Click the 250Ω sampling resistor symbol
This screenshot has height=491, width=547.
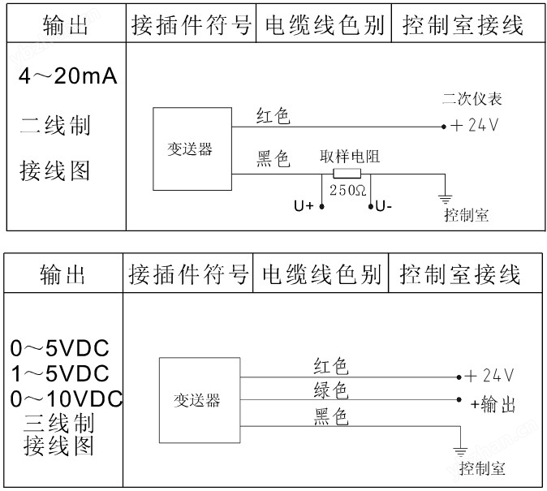click(x=347, y=174)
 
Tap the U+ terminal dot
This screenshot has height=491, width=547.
click(x=322, y=206)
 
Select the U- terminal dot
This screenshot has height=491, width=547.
click(x=371, y=206)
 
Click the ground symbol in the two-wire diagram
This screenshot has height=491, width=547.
click(x=445, y=200)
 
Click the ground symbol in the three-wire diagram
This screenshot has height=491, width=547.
click(x=460, y=451)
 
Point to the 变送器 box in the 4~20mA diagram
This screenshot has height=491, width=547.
click(x=192, y=149)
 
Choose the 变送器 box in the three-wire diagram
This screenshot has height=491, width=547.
click(x=200, y=400)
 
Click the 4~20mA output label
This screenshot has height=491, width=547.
click(x=68, y=76)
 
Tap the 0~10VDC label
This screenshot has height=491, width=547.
click(x=67, y=398)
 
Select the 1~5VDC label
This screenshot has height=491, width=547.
click(x=60, y=373)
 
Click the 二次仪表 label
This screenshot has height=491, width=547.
click(x=472, y=99)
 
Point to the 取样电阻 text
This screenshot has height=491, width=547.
click(x=350, y=157)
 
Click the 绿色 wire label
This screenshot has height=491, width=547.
click(x=330, y=390)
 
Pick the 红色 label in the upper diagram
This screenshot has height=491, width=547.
click(x=273, y=115)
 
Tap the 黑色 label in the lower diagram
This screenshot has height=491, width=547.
click(x=330, y=416)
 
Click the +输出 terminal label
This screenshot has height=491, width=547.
click(x=493, y=404)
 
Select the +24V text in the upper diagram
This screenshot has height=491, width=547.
click(x=475, y=125)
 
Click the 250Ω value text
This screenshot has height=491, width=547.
click(x=347, y=190)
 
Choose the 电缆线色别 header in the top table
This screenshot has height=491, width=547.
click(x=324, y=25)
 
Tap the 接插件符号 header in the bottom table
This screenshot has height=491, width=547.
click(x=188, y=274)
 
